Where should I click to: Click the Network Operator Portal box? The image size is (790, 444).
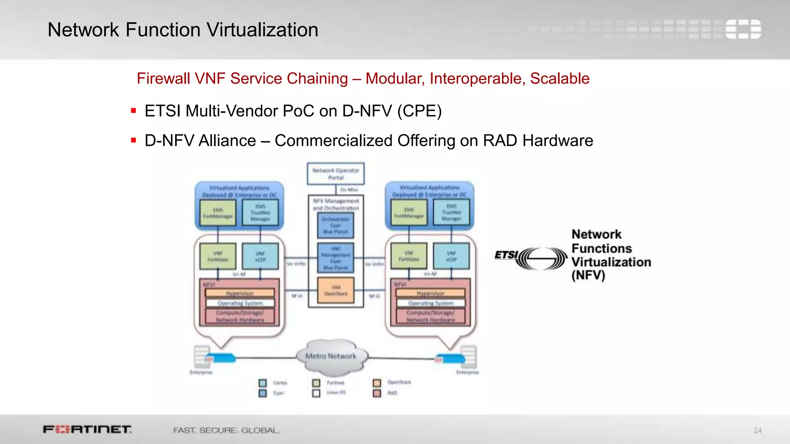click(x=336, y=174)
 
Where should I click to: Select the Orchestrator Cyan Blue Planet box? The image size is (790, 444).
click(x=336, y=225)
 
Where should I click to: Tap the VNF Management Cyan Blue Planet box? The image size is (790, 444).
click(x=336, y=258)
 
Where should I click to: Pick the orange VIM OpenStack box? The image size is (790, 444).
click(x=336, y=291)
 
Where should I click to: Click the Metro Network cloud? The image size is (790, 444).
click(x=331, y=357)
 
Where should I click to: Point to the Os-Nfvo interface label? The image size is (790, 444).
click(x=349, y=190)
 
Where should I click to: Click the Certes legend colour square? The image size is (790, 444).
click(x=263, y=383)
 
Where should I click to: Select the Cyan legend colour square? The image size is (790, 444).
click(x=263, y=393)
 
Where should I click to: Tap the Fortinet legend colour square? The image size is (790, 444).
click(x=316, y=383)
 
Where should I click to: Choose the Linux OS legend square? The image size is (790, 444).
click(x=316, y=393)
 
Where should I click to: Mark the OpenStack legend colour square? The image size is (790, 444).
click(x=377, y=383)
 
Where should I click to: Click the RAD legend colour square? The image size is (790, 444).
click(x=377, y=393)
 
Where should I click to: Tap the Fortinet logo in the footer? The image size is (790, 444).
click(x=87, y=429)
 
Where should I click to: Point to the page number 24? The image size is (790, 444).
click(x=758, y=431)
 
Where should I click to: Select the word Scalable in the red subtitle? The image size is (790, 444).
click(x=560, y=79)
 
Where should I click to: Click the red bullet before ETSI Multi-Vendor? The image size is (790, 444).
click(x=133, y=111)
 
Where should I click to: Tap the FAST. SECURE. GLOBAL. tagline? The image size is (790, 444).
click(x=226, y=430)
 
